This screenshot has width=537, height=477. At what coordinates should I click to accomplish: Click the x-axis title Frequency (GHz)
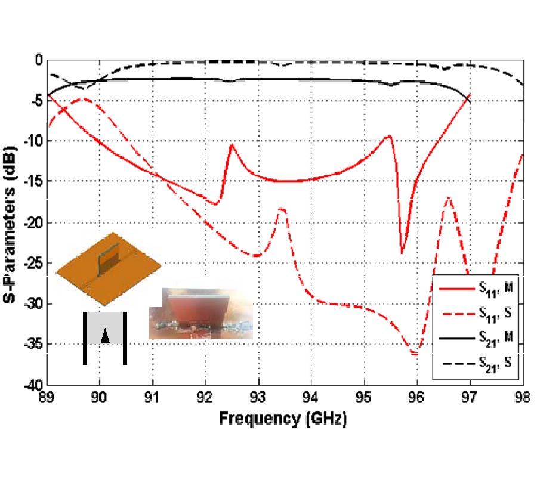[282, 418]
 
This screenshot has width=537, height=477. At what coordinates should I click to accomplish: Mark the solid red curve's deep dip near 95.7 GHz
[402, 253]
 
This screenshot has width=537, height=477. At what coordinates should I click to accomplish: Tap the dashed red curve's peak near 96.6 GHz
[448, 197]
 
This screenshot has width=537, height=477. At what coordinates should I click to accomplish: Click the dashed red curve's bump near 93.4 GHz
[282, 209]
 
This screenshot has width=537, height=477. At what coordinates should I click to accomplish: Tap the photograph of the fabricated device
[200, 314]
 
